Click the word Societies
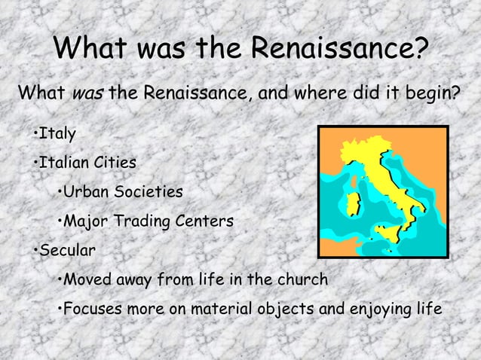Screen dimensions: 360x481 149,191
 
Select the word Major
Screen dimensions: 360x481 86,222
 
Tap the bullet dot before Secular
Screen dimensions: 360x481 35,250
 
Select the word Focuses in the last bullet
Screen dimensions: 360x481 93,309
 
